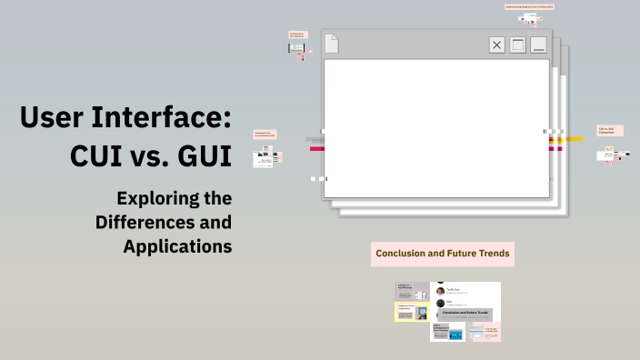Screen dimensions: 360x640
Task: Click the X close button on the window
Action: pos(496,45)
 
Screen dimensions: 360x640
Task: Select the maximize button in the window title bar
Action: pos(517,45)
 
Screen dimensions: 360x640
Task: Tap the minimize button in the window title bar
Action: pos(538,45)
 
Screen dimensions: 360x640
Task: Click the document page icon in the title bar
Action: pos(333,43)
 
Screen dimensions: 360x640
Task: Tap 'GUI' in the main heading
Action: pos(202,155)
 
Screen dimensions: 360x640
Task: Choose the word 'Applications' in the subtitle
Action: pos(178,245)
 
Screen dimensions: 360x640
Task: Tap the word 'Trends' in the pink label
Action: pos(491,254)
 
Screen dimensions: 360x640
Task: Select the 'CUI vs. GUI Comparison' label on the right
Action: pos(610,131)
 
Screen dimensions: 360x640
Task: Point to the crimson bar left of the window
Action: pos(316,148)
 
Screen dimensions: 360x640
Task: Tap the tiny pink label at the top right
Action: pos(529,7)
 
